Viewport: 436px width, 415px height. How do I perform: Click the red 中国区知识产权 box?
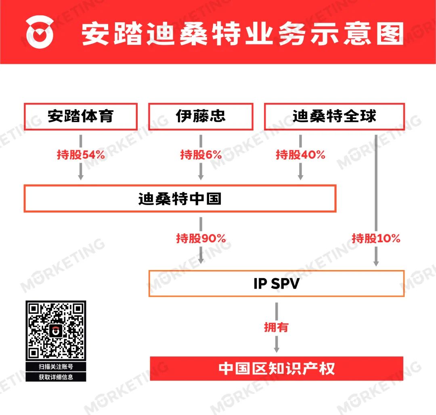(277, 369)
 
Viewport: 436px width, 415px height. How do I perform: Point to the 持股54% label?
(81, 155)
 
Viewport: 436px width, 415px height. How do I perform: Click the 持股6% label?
(201, 155)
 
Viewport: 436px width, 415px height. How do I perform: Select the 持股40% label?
(300, 155)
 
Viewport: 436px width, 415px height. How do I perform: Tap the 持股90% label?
(201, 239)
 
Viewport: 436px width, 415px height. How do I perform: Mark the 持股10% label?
(376, 239)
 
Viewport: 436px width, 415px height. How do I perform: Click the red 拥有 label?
(277, 327)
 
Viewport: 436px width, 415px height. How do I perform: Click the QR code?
(56, 331)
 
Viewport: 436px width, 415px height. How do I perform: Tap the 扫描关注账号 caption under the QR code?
(56, 367)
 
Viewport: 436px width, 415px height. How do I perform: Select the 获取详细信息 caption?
(56, 377)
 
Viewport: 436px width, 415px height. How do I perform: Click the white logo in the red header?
(40, 32)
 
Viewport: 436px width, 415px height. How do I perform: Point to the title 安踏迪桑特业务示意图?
(243, 34)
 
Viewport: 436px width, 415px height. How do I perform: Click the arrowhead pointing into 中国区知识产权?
(277, 350)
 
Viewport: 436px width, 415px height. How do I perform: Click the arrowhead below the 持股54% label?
(81, 177)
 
